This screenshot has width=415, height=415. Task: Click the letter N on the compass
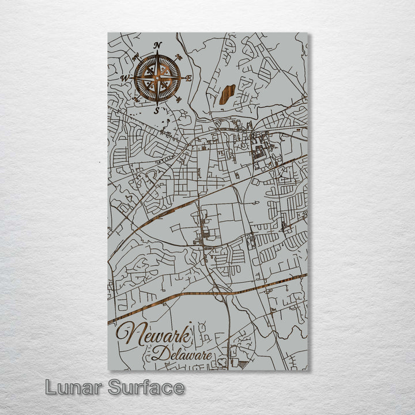(159, 46)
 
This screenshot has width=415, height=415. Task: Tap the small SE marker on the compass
(179, 99)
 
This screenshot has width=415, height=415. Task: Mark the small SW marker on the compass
(135, 99)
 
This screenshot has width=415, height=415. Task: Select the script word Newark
(153, 336)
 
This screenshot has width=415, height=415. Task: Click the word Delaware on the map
(182, 354)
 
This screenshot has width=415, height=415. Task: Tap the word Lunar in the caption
(74, 387)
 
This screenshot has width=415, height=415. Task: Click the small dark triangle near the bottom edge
(243, 364)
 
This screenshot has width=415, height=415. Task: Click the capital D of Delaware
(159, 353)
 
